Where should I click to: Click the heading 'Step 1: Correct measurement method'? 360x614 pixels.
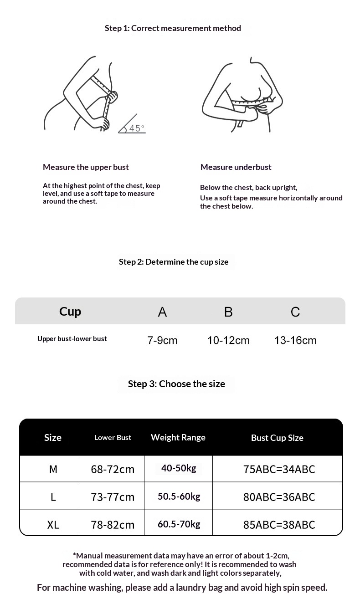[173, 28]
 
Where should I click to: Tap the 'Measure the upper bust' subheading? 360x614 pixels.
[86, 167]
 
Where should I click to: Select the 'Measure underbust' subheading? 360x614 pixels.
[236, 167]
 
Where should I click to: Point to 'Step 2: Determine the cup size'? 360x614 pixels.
[174, 262]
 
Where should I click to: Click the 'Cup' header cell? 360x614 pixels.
[70, 312]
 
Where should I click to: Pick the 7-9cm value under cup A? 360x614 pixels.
[162, 340]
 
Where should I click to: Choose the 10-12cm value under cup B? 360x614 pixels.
[228, 340]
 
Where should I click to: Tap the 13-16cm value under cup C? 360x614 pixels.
[295, 340]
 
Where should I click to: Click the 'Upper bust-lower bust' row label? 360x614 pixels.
[72, 339]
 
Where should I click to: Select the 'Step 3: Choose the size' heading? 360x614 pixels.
[176, 384]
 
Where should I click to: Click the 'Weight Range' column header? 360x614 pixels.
[178, 437]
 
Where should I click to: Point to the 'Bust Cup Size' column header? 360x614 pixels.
[277, 438]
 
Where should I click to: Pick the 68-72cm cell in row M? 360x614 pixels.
[113, 469]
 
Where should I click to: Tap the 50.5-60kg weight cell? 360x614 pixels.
[179, 496]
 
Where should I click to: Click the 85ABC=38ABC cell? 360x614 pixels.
[279, 525]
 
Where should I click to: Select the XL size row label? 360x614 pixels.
[53, 525]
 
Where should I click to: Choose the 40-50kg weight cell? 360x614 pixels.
[179, 468]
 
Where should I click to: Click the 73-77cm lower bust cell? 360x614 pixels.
[113, 497]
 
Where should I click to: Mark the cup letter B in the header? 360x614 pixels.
[228, 312]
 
